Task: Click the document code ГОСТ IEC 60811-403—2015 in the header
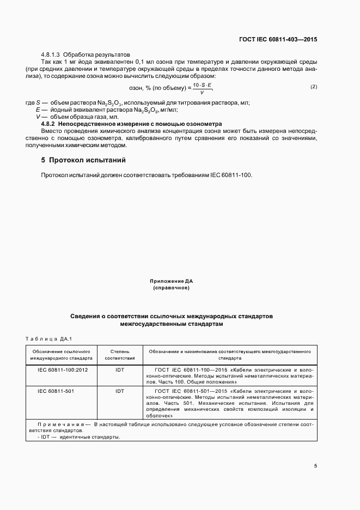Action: [278, 40]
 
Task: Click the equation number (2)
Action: [314, 87]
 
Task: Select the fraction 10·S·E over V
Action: [202, 88]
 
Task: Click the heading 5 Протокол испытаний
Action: [83, 160]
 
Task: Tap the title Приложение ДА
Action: [172, 281]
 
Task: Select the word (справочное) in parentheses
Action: [172, 288]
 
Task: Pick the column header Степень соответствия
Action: [119, 355]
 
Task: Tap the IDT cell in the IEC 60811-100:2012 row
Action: [119, 370]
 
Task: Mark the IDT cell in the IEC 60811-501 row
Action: [119, 391]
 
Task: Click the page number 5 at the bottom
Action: [315, 466]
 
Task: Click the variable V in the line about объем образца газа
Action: [38, 117]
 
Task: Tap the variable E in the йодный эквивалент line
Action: [38, 110]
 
